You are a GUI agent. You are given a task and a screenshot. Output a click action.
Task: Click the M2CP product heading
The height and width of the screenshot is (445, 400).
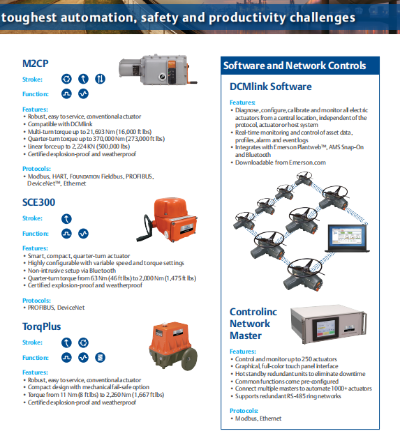coord(36,63)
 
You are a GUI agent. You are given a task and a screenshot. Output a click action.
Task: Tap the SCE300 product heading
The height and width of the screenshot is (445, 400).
coord(38,202)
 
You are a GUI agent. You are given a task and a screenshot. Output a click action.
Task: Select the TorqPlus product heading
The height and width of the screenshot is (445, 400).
coord(41,326)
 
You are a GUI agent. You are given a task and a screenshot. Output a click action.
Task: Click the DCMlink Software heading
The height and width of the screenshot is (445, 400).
coord(270,86)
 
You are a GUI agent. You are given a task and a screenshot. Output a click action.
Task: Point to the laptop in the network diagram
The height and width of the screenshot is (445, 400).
coord(348,239)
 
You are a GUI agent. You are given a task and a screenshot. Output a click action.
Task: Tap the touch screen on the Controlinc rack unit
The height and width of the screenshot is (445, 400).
coord(325,328)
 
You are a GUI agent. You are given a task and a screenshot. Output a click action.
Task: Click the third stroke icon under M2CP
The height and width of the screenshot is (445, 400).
coord(100,79)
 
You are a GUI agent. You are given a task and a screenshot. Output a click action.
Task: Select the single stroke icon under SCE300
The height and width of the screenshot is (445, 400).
coord(66,219)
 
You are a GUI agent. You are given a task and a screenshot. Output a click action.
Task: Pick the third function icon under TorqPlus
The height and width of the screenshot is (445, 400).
coord(100,358)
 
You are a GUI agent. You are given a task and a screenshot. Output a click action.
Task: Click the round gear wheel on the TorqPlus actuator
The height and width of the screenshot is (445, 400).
coord(190,359)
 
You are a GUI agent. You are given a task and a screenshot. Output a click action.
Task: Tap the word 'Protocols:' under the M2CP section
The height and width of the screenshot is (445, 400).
coord(36,169)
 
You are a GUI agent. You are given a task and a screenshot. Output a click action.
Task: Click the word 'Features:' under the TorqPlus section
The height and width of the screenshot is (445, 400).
coord(35,372)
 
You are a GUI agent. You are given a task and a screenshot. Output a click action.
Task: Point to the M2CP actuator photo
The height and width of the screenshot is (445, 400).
coord(158,70)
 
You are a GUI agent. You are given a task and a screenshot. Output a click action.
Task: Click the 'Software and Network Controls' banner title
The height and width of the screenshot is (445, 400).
coord(295,66)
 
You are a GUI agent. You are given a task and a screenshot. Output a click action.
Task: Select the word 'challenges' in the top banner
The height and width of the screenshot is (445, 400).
coord(323,17)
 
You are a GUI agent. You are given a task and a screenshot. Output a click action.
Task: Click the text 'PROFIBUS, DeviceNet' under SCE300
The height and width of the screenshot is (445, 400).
coord(56,308)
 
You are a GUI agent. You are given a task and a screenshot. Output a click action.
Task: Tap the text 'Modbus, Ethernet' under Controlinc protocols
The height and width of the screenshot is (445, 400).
coord(258,418)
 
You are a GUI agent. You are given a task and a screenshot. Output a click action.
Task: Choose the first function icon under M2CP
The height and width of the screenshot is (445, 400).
coord(66,94)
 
